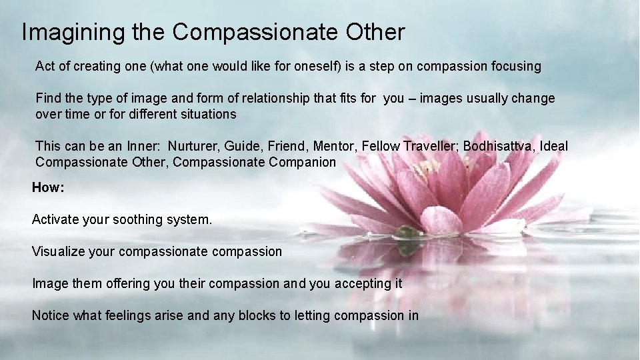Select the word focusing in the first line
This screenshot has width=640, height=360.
(516, 66)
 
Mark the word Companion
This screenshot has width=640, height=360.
(303, 162)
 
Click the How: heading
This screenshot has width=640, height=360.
(48, 188)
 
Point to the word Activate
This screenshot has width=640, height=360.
(57, 219)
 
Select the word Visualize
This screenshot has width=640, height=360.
(59, 251)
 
